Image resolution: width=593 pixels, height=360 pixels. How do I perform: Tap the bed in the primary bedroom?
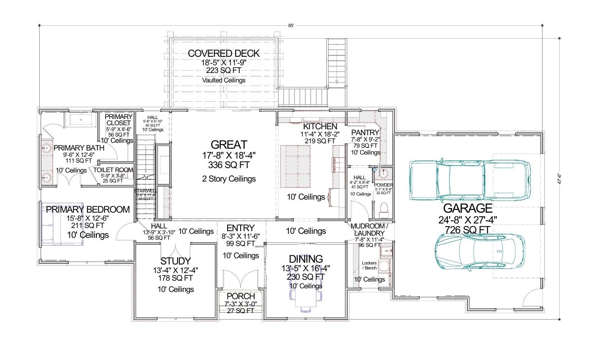(63, 223)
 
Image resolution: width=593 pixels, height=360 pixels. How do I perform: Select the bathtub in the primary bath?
(80, 120)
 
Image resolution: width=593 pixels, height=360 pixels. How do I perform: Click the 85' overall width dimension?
(291, 26)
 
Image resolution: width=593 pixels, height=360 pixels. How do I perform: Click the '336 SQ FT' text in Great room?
(229, 165)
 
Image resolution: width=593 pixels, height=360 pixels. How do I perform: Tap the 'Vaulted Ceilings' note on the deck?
(224, 80)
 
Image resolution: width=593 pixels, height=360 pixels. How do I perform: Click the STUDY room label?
(175, 261)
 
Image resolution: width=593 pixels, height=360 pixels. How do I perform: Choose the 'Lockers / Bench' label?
(369, 265)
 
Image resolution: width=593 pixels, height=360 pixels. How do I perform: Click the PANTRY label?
(365, 132)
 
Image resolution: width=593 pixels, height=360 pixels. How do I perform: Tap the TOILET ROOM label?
(113, 170)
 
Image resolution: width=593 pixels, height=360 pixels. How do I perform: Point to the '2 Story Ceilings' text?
(229, 179)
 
